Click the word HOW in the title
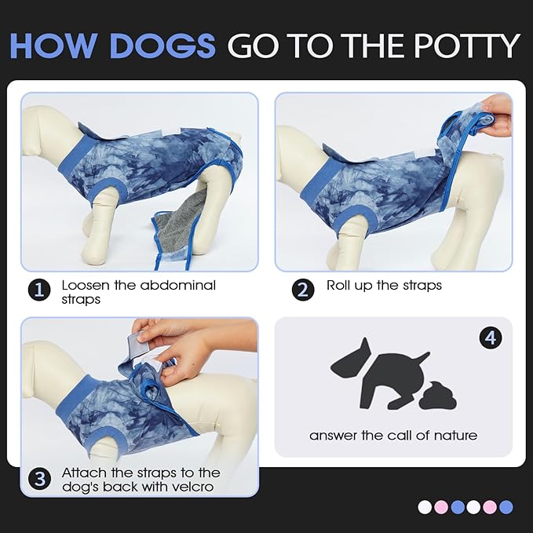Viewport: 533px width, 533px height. coord(56,46)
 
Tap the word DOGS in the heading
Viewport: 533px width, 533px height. coord(162,46)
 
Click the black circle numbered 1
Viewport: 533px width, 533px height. coord(39,290)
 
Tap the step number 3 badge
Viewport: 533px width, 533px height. coord(39,479)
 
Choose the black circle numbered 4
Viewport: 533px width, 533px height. coord(491,338)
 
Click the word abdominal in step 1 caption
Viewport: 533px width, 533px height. coord(177,285)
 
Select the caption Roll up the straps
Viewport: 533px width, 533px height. coord(384,285)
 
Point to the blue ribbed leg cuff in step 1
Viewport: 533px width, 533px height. coord(107,191)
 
